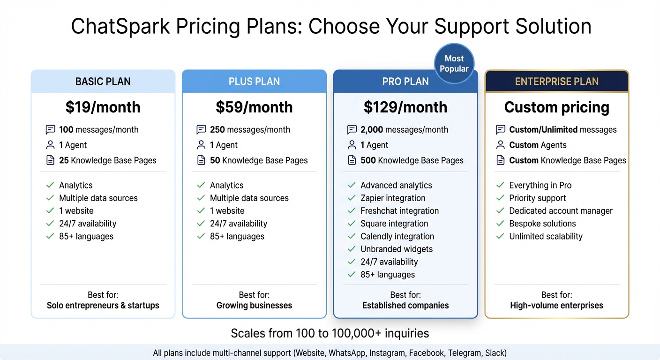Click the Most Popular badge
454,63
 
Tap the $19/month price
103,107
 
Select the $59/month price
254,107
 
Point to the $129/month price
405,107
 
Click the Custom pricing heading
556,107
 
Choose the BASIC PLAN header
103,82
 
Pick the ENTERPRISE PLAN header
556,82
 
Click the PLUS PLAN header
254,82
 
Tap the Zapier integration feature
393,198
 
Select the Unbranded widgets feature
396,249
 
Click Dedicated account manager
561,211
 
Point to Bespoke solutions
542,224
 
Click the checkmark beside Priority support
500,198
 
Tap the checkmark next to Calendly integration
352,236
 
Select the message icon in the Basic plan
50,130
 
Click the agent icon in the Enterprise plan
500,145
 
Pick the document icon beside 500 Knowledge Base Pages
352,161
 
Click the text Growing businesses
254,306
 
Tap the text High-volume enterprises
556,306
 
